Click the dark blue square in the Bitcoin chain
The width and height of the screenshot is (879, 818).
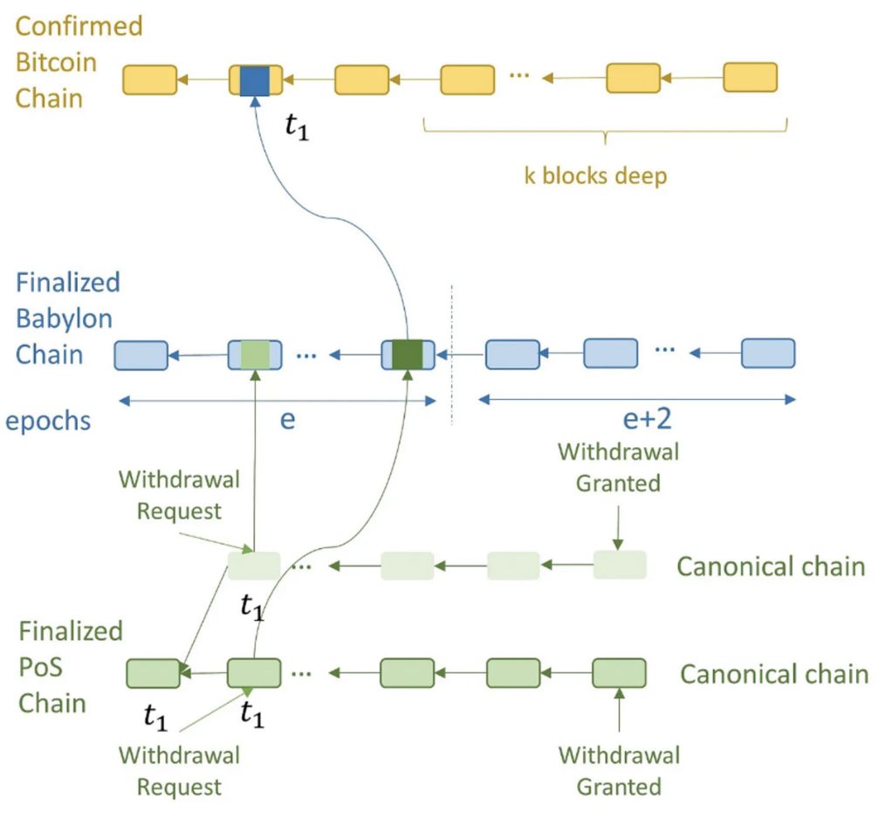(x=255, y=80)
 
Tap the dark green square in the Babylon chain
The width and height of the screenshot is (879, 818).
(x=408, y=354)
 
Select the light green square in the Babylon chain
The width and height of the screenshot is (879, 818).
(x=255, y=354)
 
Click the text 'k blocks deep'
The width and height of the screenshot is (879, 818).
(x=595, y=176)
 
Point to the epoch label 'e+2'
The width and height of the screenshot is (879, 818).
(x=647, y=419)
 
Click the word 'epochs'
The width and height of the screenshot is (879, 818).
(x=48, y=421)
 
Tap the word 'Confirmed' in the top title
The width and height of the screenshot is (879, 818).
(x=79, y=26)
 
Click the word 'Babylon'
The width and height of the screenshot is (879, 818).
(x=64, y=319)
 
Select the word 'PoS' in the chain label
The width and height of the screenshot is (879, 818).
(x=40, y=667)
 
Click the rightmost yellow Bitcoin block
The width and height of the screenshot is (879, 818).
(x=750, y=78)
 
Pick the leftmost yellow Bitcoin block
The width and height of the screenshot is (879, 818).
(x=149, y=79)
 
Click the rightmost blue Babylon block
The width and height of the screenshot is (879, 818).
(x=768, y=354)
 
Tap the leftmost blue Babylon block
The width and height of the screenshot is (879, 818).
(x=141, y=355)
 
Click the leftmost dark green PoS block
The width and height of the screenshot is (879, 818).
(x=153, y=673)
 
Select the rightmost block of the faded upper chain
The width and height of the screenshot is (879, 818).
(x=620, y=565)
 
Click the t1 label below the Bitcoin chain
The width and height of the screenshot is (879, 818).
(x=297, y=127)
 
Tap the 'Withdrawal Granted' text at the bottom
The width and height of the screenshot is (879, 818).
(x=619, y=771)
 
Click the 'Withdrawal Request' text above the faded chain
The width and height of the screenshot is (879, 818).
(x=180, y=495)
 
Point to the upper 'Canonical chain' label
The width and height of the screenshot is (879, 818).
(x=771, y=567)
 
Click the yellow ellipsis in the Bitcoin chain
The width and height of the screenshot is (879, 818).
(x=519, y=74)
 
